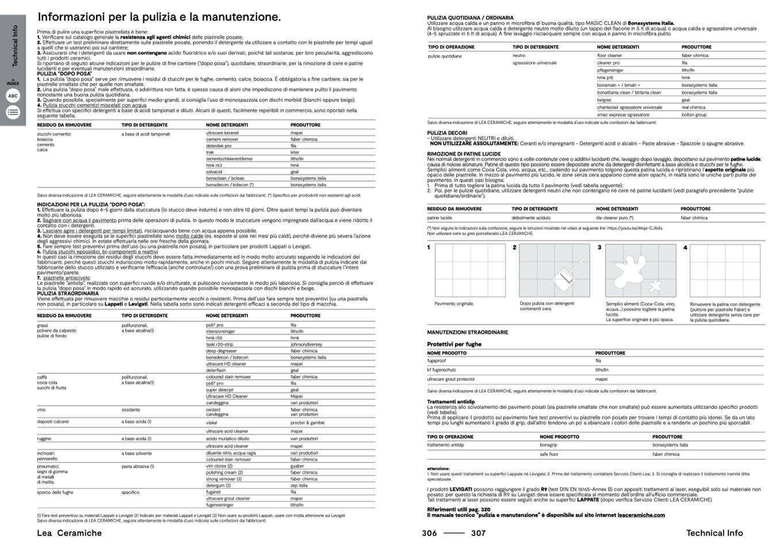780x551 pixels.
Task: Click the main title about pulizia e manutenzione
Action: point(159,17)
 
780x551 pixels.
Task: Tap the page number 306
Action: point(429,533)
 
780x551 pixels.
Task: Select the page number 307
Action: point(479,533)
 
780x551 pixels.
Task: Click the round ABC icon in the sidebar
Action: point(13,97)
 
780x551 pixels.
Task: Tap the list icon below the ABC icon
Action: point(13,113)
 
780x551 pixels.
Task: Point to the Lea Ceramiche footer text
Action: point(69,533)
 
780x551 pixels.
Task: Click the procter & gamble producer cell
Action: point(307,422)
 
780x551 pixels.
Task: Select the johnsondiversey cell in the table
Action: point(306,345)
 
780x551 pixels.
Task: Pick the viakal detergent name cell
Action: point(212,422)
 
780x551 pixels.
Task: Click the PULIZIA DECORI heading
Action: point(447,133)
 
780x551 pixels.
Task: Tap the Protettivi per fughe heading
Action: point(454,344)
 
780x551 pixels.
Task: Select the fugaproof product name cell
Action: point(436,361)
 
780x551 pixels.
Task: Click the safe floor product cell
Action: point(549,454)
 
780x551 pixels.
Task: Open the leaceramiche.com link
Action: point(641,515)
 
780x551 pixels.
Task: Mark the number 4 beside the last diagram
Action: point(685,248)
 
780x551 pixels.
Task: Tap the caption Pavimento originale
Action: point(454,303)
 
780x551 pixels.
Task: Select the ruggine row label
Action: point(44,439)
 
